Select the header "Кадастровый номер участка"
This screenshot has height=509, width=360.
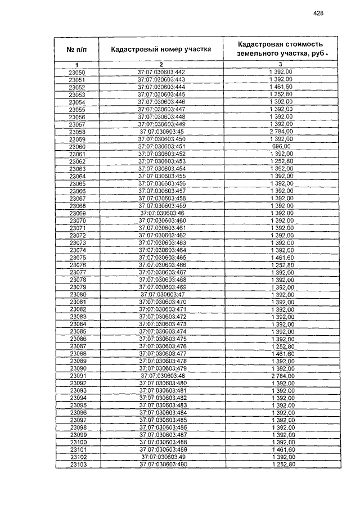[161, 49]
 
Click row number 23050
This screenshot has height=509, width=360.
[77, 73]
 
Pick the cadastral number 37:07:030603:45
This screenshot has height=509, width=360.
[161, 132]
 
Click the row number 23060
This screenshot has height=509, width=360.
[77, 146]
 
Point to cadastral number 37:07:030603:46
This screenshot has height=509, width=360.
[161, 213]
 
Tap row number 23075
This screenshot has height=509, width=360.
[77, 257]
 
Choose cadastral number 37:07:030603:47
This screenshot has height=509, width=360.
[161, 294]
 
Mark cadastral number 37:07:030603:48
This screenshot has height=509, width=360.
[161, 375]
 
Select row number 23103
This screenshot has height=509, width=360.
[77, 464]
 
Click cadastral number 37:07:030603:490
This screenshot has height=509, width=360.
[161, 464]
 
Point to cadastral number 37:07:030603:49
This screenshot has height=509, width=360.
[161, 457]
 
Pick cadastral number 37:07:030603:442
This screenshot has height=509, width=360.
[161, 73]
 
